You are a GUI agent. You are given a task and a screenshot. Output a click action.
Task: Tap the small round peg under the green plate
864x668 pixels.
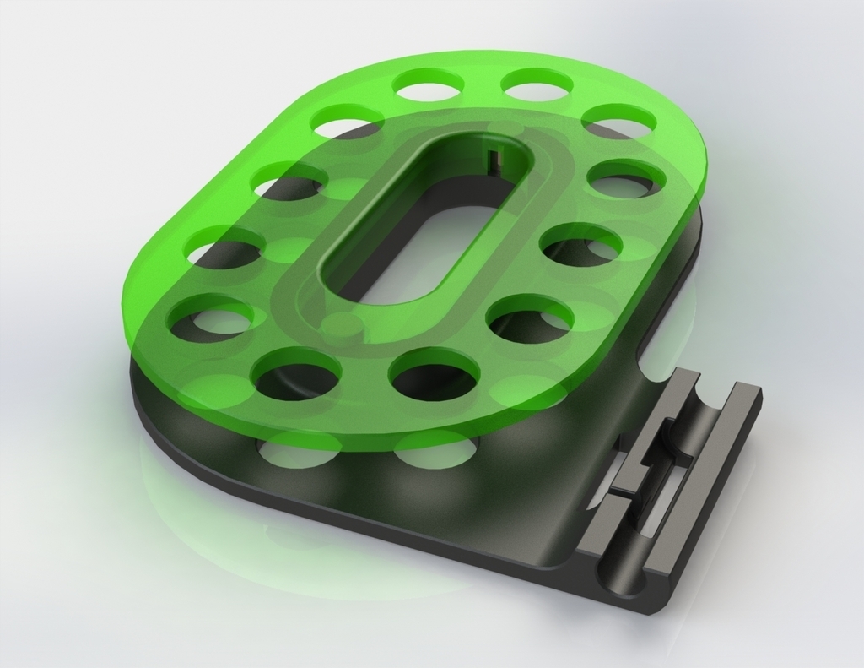click(342, 327)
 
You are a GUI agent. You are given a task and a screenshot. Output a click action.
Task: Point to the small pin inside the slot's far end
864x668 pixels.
click(493, 156)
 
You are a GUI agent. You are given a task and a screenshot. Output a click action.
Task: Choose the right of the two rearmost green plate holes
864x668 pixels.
click(537, 84)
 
